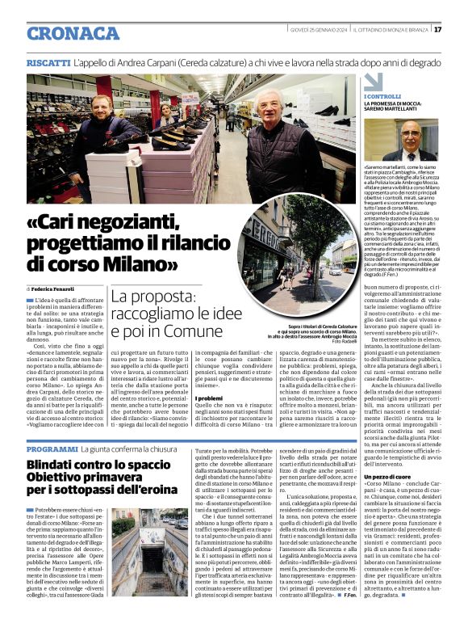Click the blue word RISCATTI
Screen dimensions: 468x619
point(48,62)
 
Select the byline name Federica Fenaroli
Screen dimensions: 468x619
point(53,288)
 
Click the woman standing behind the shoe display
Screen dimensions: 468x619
point(166,116)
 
